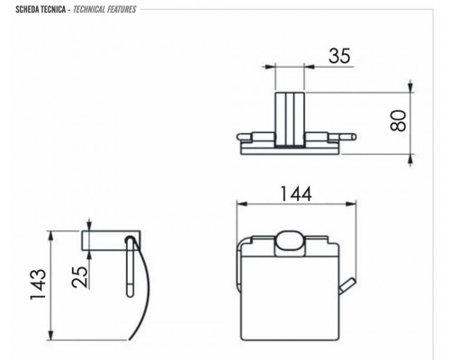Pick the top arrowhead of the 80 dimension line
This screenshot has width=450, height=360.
pyautogui.click(x=412, y=89)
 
